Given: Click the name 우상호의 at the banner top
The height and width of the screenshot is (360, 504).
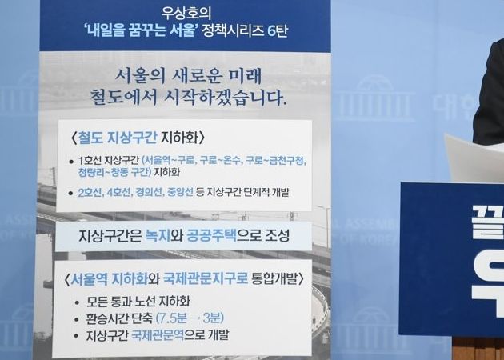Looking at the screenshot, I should [184, 14].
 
